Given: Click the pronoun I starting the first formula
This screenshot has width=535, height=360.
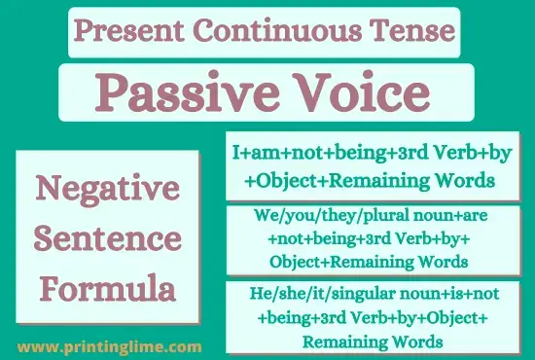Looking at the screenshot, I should coord(235,155).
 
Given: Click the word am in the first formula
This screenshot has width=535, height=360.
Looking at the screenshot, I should coord(257,155).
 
